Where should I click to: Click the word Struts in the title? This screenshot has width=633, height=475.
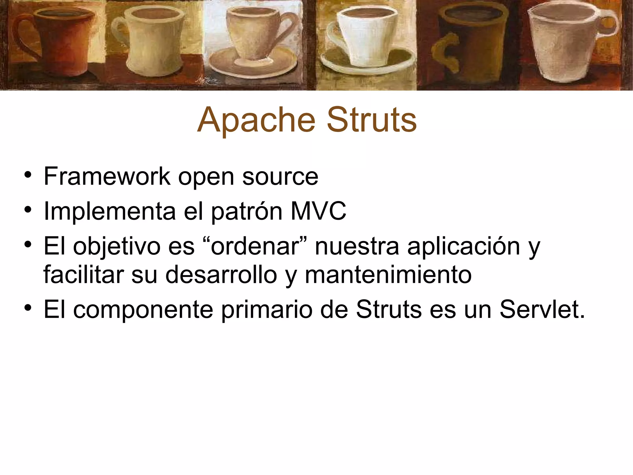coord(372,120)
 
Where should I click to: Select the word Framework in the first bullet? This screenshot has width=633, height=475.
coord(107,176)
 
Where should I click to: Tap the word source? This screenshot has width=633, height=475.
coord(280,177)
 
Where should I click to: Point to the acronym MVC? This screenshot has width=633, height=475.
coord(318,211)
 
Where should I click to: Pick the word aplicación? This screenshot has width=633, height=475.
coord(464,246)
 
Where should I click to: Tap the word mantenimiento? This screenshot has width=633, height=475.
coord(388,275)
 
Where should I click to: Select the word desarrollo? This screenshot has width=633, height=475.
coord(221,275)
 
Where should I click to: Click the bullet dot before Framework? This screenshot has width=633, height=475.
coord(28,175)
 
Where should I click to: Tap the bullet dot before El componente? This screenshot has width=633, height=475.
coord(28,308)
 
